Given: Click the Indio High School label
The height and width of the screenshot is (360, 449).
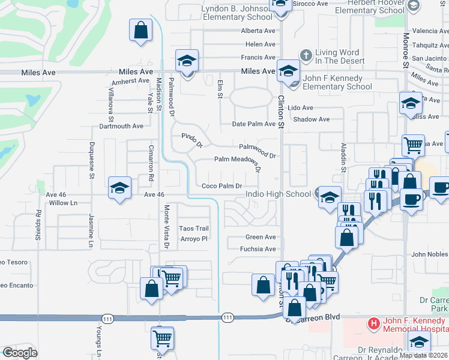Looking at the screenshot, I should point(279,194).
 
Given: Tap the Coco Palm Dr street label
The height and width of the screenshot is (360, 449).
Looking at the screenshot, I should point(221,186).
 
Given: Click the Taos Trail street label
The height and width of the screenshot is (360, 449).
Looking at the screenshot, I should point(194,229).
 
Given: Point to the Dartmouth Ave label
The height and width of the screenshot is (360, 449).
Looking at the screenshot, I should point(121,127).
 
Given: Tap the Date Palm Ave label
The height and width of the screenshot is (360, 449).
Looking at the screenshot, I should point(254,124).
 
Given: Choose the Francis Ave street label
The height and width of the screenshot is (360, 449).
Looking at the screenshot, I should point(258,58).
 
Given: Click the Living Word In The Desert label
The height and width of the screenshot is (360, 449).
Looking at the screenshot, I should point(340,56).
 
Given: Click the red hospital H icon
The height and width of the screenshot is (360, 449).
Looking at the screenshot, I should point(374,323).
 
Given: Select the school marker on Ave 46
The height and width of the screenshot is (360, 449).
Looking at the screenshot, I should point(119,188).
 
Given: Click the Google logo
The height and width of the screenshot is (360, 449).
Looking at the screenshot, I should point(20,353).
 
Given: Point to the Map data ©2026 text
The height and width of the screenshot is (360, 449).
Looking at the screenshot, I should point(424,355).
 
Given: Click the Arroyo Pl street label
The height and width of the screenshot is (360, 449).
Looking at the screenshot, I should point(194,239).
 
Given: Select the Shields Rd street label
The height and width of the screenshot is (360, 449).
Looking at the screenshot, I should point(38,225).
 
